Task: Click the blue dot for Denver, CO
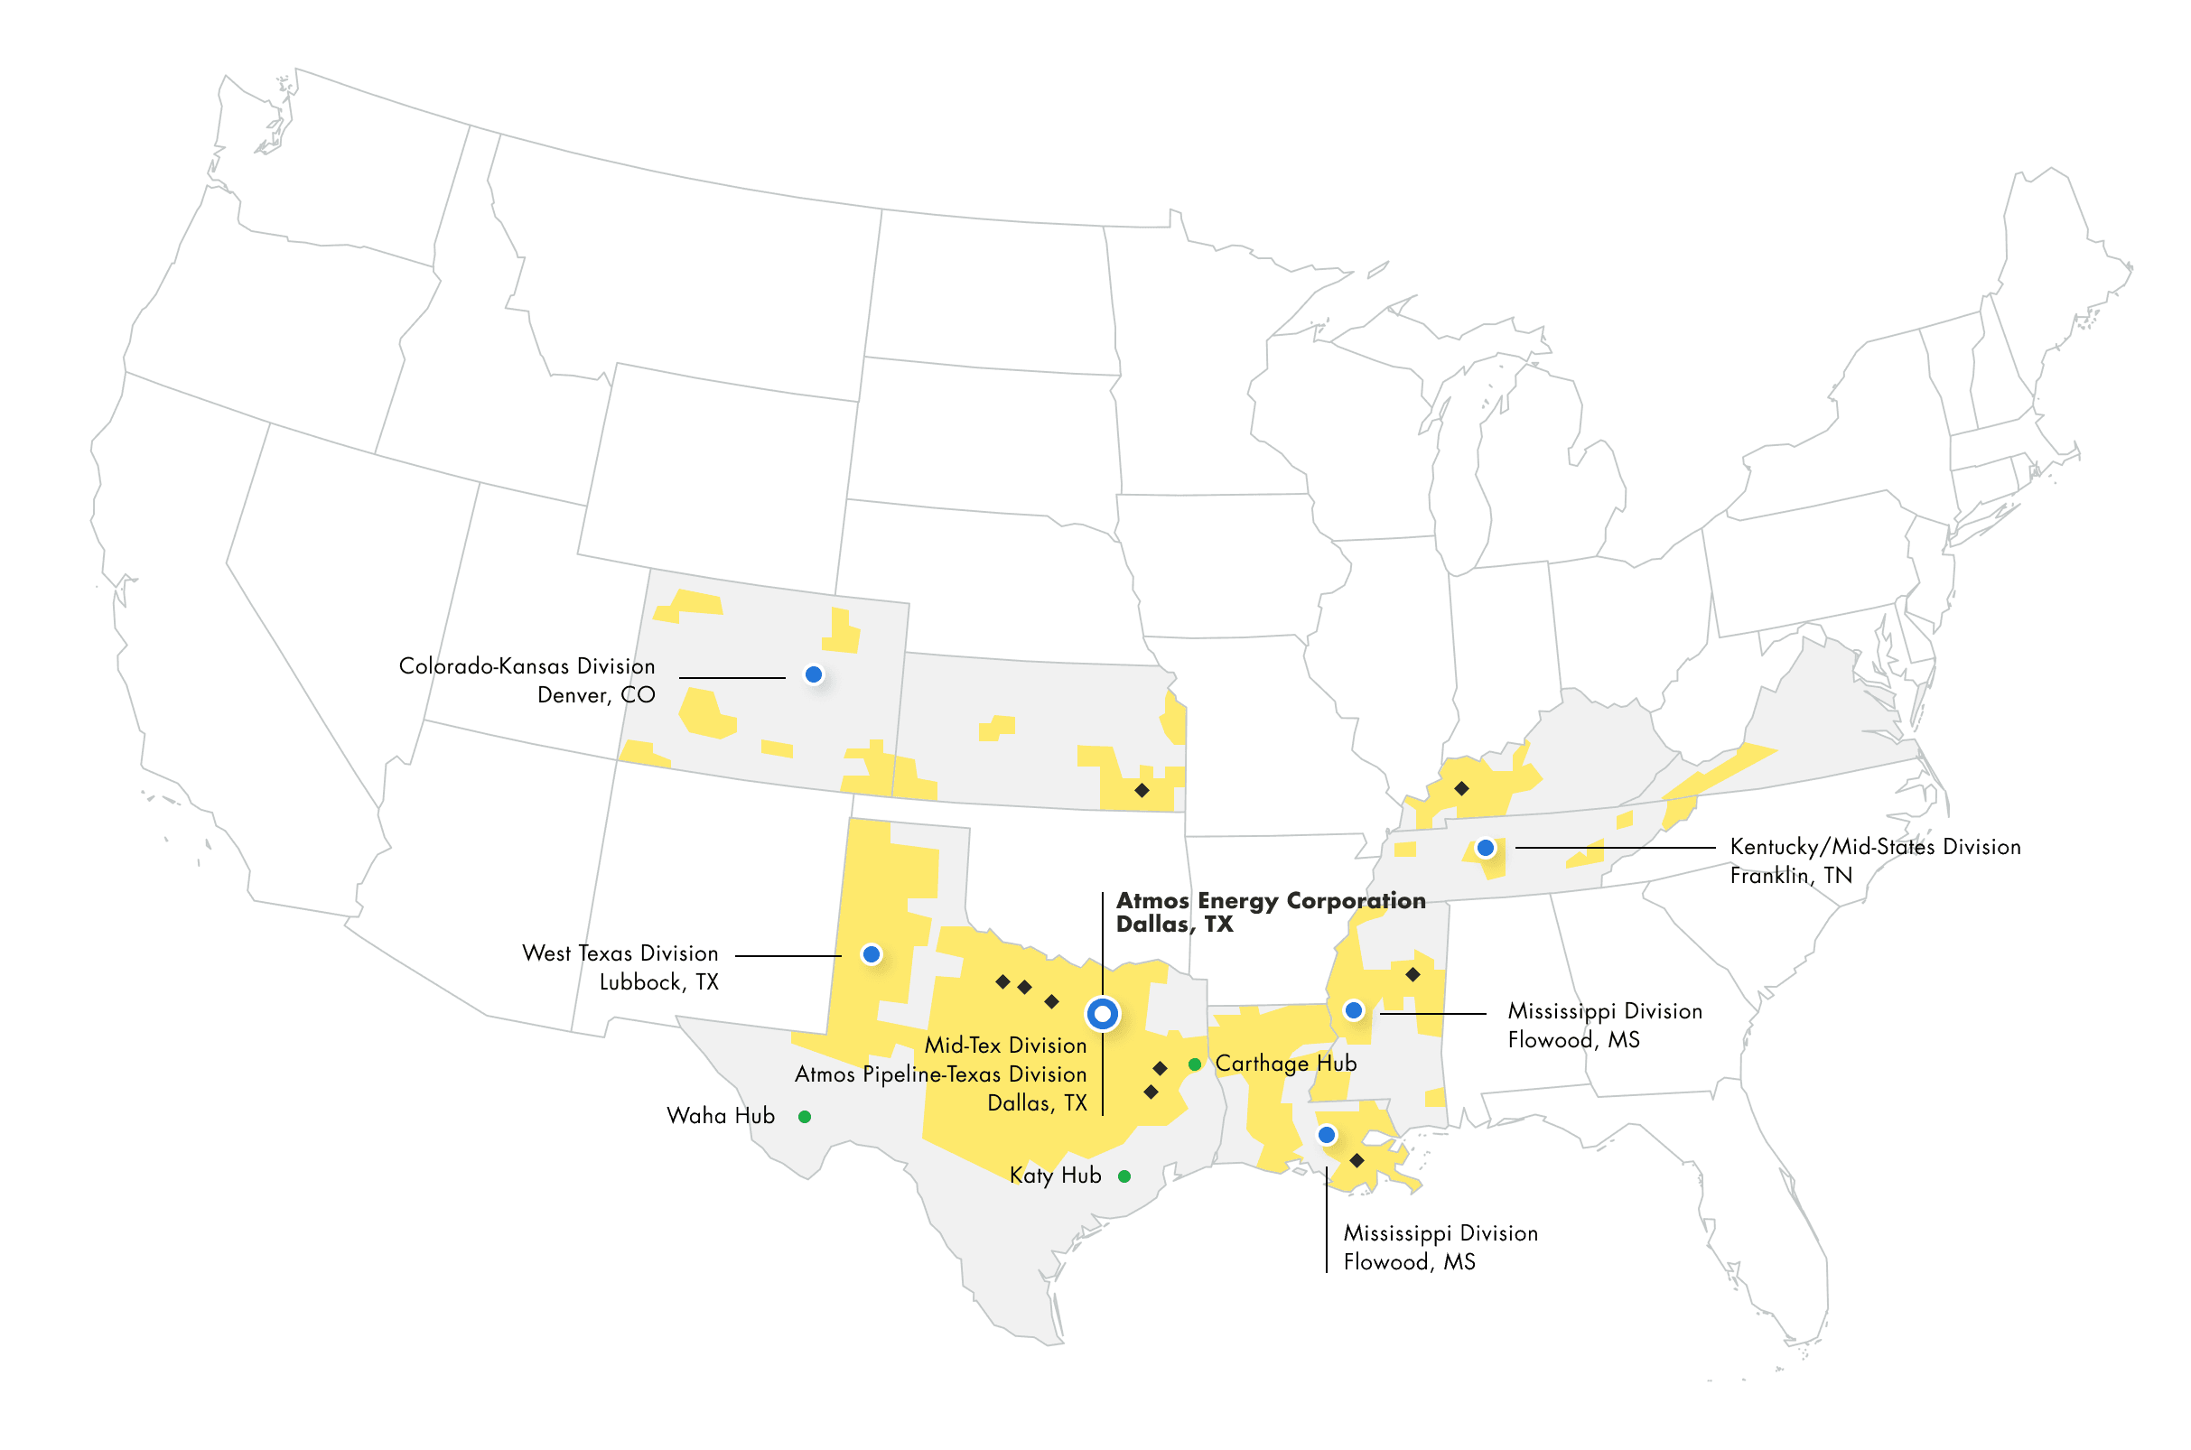point(814,675)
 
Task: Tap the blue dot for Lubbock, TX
point(872,954)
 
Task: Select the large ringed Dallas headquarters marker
point(1102,1015)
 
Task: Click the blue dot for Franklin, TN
point(1486,848)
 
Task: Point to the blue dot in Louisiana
point(1327,1135)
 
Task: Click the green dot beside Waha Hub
point(805,1117)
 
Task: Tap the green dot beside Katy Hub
point(1124,1176)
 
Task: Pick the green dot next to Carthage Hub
point(1195,1064)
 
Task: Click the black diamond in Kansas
point(1142,791)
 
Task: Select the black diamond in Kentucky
point(1461,789)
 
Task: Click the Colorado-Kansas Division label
point(527,666)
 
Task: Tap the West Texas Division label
point(620,953)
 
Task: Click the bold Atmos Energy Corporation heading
point(1270,901)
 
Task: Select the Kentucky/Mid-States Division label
point(1875,847)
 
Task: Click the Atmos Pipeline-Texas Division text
point(940,1074)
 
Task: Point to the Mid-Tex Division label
point(1005,1046)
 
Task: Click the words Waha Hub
point(721,1116)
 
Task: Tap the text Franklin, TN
point(1791,876)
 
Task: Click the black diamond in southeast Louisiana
point(1357,1160)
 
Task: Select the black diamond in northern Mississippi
point(1413,975)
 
